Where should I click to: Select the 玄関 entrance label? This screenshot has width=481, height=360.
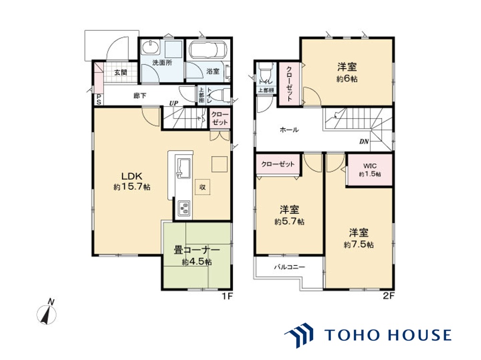pos(120,72)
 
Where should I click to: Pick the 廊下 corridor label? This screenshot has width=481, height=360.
pos(140,95)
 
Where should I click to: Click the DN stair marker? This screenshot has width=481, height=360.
pos(364,141)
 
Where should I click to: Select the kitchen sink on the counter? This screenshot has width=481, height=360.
pos(183,168)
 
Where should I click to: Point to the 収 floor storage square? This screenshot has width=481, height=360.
pos(202,187)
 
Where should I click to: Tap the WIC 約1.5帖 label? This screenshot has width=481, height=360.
pos(370,169)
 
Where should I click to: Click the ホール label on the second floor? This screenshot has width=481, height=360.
pos(289,130)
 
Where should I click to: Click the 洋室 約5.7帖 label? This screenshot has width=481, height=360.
pos(290,216)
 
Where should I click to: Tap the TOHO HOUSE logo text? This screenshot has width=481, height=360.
pos(387,335)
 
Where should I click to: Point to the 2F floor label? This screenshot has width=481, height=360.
pos(388,296)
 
